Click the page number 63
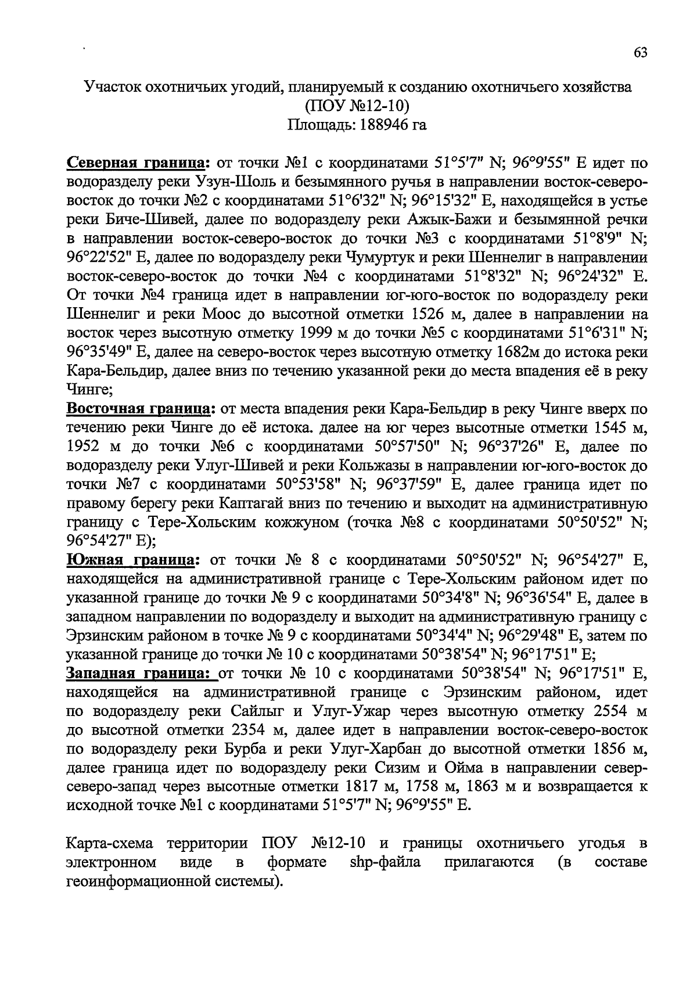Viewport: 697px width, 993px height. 640,52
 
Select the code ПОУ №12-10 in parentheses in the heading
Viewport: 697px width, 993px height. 357,106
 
